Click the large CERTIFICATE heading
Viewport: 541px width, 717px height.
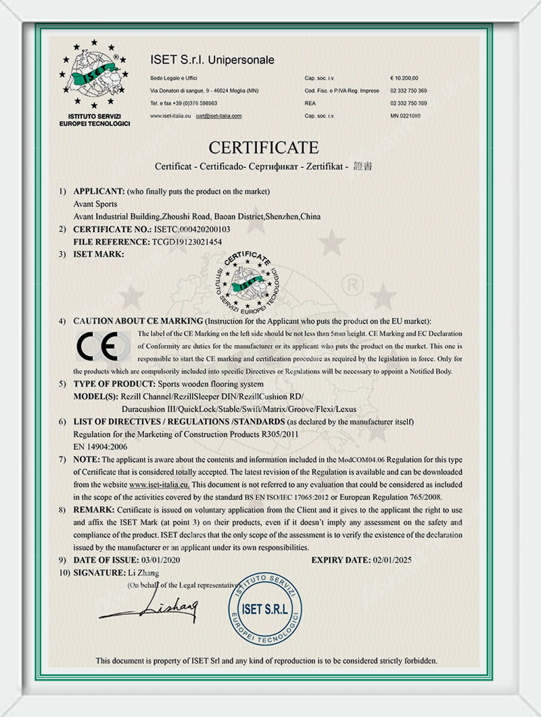coord(263,147)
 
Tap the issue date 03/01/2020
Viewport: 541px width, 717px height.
coord(160,560)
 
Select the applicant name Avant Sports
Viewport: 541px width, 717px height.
coord(95,204)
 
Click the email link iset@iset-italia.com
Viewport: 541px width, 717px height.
coord(218,116)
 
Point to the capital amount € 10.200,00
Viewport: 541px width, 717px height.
coord(404,78)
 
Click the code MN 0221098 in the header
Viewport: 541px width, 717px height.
coord(406,116)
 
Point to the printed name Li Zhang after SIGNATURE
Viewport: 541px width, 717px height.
coord(143,572)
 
